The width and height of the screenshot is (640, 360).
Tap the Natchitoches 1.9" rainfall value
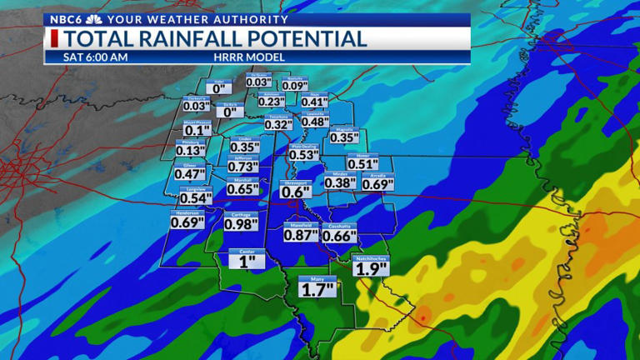pos(370,268)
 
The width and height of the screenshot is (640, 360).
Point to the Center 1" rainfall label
pos(247,261)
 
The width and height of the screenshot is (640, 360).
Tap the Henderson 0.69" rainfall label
pos(187,222)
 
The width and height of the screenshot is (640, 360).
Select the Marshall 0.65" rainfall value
pos(243,189)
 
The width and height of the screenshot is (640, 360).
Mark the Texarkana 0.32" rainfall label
pos(279,124)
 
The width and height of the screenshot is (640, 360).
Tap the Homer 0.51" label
pos(363,164)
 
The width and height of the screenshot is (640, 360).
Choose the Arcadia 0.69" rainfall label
pos(378,183)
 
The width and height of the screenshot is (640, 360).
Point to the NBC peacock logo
pos(93,19)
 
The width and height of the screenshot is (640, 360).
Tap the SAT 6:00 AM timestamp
pos(96,57)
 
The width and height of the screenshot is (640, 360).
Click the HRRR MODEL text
pos(249,57)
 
